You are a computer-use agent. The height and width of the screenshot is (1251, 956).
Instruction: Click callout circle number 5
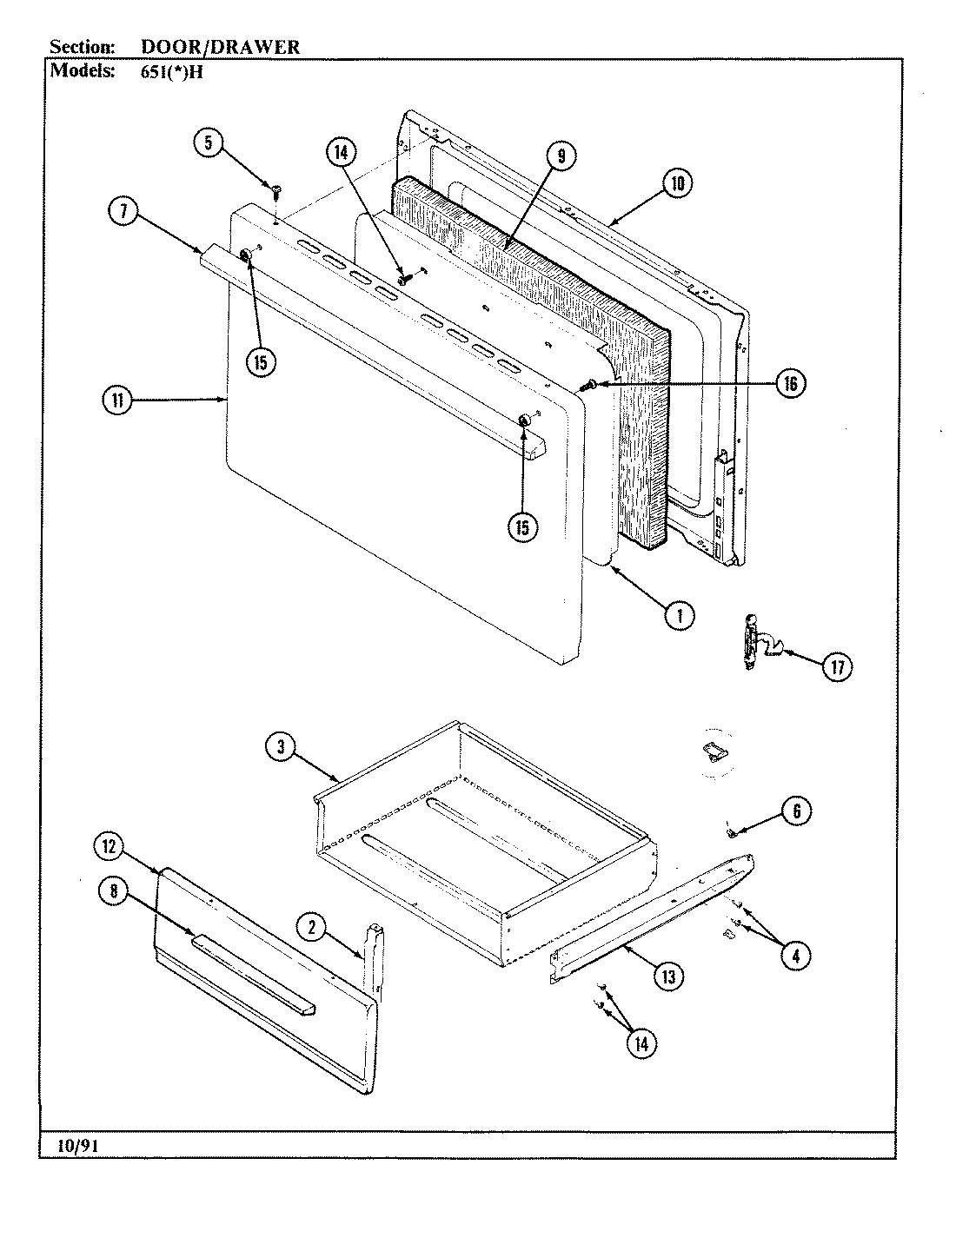point(209,142)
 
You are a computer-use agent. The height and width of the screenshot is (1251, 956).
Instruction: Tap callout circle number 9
point(561,156)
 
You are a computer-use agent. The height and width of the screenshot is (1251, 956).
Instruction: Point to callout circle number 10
point(678,183)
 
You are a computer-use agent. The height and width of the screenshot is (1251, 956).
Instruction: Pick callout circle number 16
point(790,383)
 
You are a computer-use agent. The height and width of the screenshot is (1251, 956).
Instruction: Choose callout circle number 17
point(837,666)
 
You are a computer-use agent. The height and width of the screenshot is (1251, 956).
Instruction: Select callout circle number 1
point(680,615)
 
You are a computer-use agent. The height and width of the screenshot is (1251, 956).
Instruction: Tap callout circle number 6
point(796,811)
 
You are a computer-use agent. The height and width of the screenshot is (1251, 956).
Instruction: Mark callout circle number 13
point(667,976)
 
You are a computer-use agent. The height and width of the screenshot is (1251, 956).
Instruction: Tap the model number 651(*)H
point(171,73)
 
